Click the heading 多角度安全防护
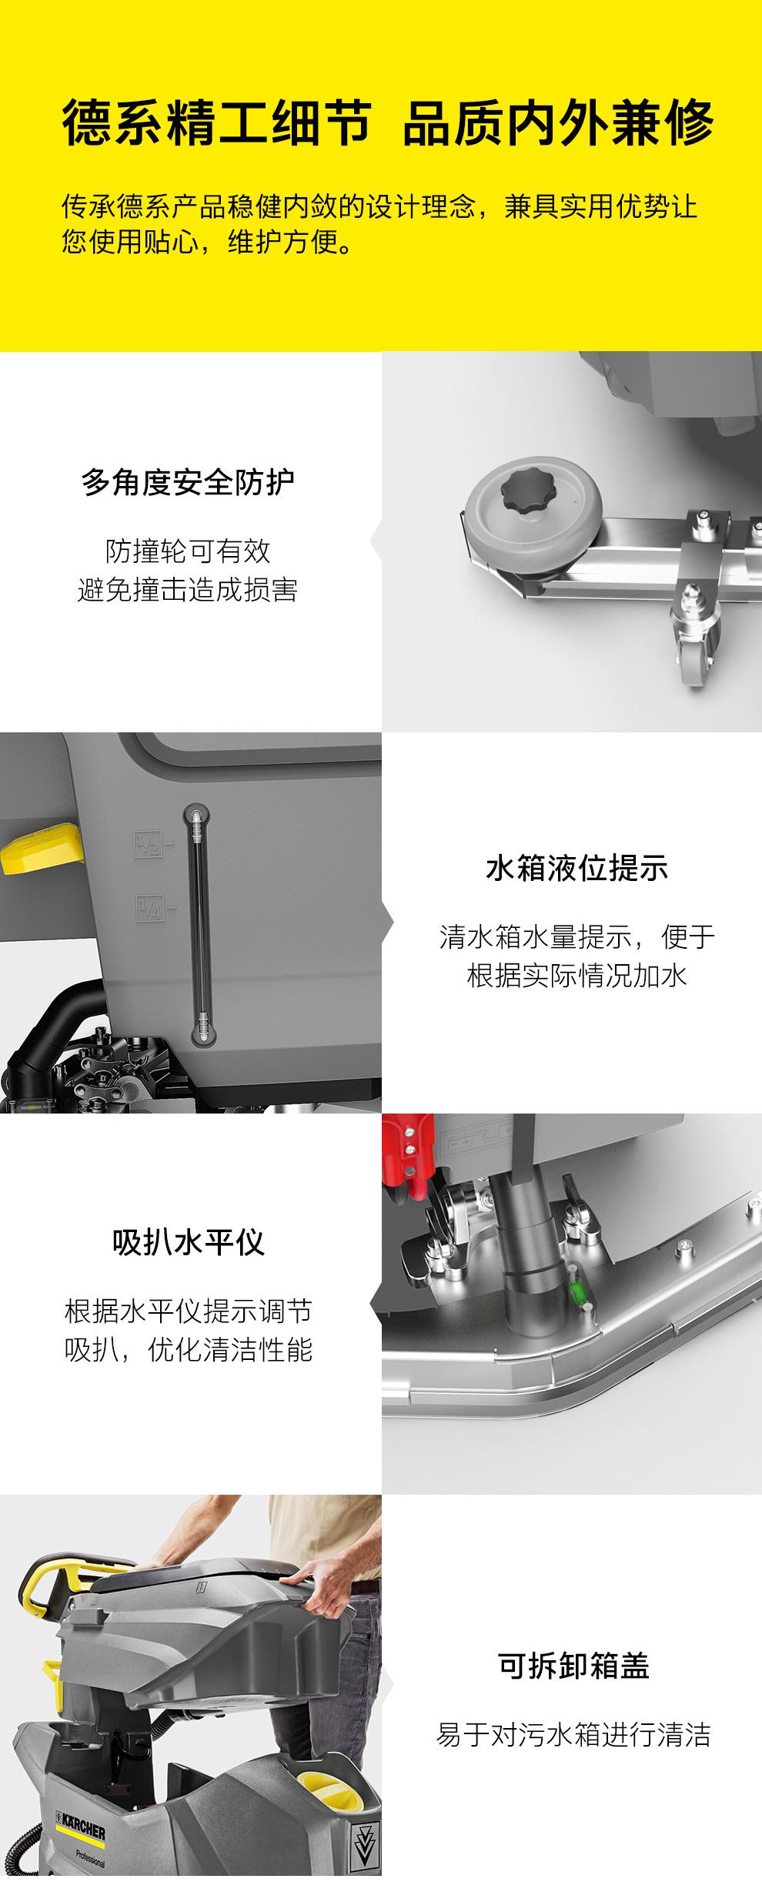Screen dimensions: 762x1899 pyautogui.click(x=189, y=483)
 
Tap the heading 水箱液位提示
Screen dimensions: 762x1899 pyautogui.click(x=577, y=868)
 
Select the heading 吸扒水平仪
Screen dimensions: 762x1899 pyautogui.click(x=189, y=1242)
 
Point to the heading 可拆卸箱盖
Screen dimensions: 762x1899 pyautogui.click(x=574, y=1665)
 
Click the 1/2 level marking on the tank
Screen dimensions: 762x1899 pyautogui.click(x=147, y=844)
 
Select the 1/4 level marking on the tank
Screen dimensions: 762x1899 pyautogui.click(x=147, y=907)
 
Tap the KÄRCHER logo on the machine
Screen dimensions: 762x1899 pyautogui.click(x=81, y=1825)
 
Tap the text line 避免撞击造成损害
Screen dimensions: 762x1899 pyautogui.click(x=188, y=590)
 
